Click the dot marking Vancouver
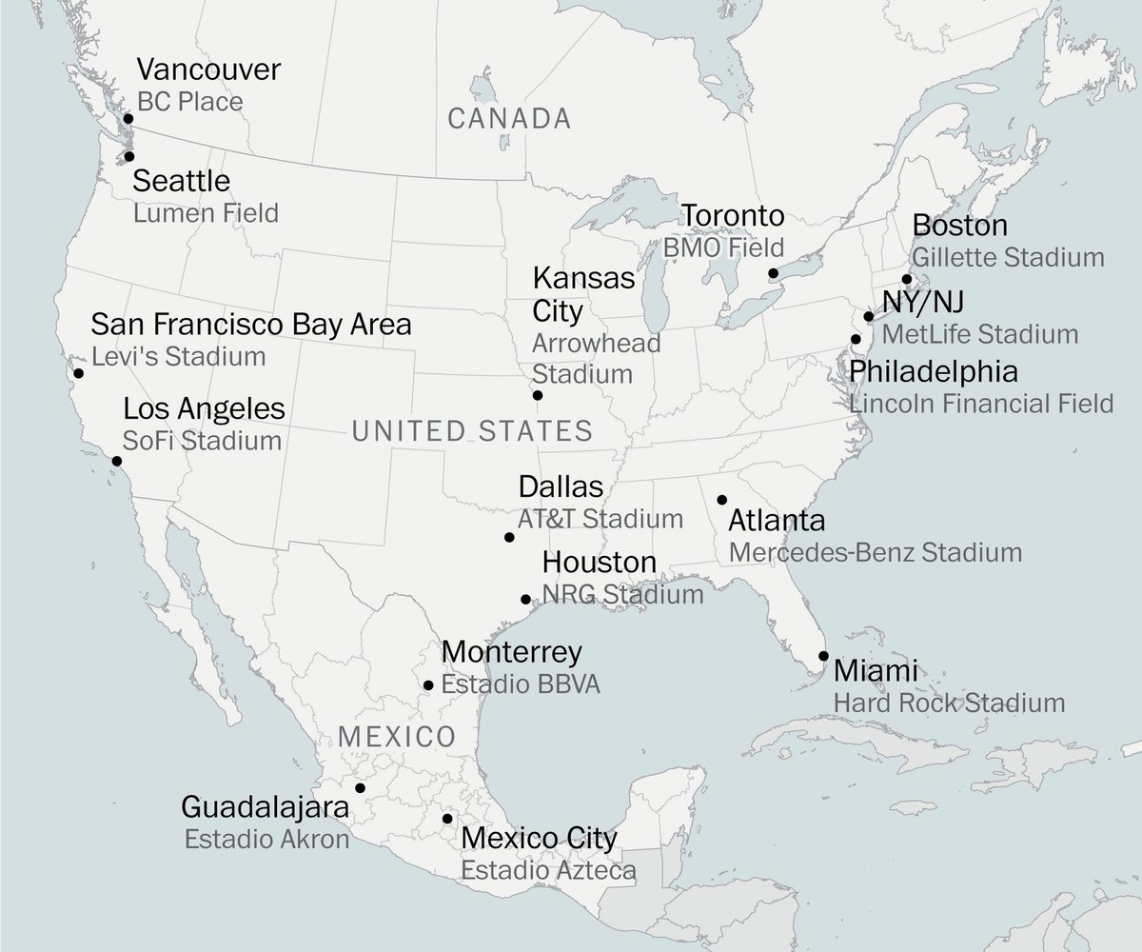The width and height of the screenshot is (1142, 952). coord(129,119)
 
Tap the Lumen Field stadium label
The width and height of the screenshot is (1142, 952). coord(206,212)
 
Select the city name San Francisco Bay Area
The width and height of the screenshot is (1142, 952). coord(251,325)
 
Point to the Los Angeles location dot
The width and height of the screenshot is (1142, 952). coord(117,461)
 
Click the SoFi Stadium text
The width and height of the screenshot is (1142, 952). coord(202,442)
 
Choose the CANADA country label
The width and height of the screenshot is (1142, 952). coord(509,119)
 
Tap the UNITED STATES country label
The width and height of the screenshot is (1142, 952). coord(472,431)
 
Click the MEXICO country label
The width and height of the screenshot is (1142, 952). coord(397,736)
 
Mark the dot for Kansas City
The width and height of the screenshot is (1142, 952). coord(538,395)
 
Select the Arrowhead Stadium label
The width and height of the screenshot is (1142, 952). coord(582,358)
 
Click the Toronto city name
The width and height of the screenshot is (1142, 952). coord(732,216)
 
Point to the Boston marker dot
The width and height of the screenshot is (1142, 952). coord(907,279)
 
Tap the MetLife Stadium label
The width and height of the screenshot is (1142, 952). coord(980,335)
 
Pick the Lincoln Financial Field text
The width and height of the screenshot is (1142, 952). coord(981,403)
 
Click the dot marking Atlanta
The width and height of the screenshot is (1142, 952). coord(722,500)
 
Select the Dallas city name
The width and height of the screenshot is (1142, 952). coord(561,487)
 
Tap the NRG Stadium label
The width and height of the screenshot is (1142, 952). coord(622,595)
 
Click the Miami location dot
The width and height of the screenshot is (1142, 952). coord(823,656)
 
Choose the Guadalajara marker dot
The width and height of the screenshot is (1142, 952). coord(360,787)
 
